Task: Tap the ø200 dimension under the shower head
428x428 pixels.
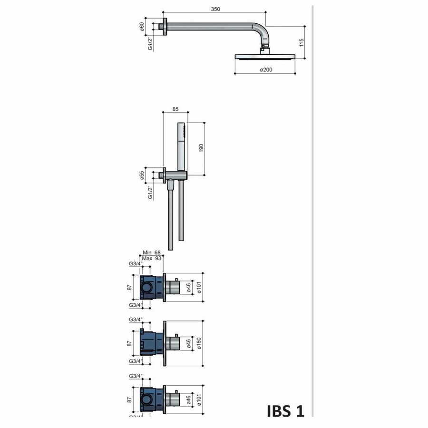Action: pyautogui.click(x=265, y=70)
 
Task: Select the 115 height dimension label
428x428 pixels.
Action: pyautogui.click(x=301, y=42)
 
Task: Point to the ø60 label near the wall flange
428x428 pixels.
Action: pyautogui.click(x=142, y=26)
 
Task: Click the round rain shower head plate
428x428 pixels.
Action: pyautogui.click(x=265, y=57)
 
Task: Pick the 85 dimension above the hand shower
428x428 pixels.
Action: pyautogui.click(x=175, y=109)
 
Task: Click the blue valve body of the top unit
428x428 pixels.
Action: pyautogui.click(x=151, y=288)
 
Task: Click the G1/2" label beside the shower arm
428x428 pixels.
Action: pyautogui.click(x=150, y=43)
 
